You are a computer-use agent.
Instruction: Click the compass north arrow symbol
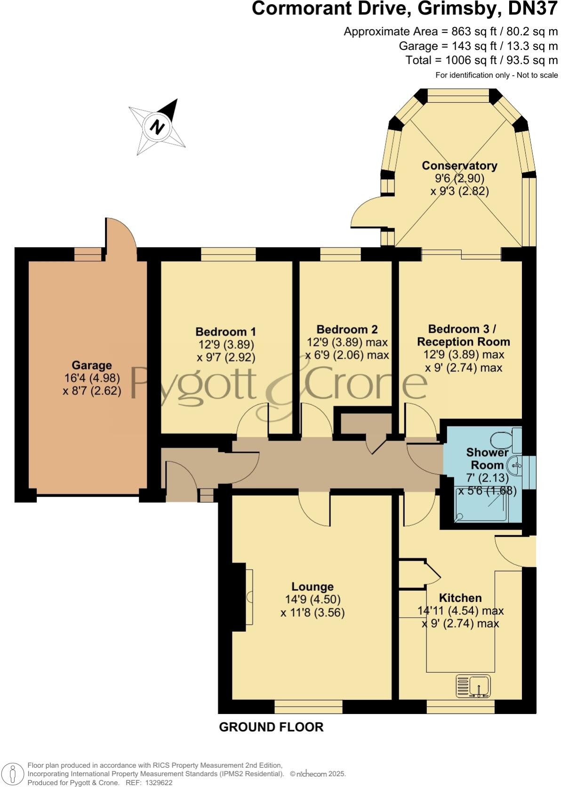click(x=158, y=127)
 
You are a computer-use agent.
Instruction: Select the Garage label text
click(x=92, y=365)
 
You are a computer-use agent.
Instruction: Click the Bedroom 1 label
click(x=226, y=332)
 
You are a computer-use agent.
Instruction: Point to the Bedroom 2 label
click(x=347, y=329)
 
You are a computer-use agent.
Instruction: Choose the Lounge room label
click(x=313, y=586)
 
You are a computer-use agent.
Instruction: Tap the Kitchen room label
click(x=460, y=598)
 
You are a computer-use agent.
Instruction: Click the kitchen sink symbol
click(x=473, y=686)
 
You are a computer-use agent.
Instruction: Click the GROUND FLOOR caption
click(x=271, y=727)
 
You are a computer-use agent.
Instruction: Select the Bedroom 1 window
click(x=228, y=254)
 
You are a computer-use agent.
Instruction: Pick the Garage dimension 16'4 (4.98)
click(x=92, y=378)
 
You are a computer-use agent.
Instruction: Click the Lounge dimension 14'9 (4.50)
click(x=313, y=600)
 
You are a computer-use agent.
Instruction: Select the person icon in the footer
click(x=13, y=773)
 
